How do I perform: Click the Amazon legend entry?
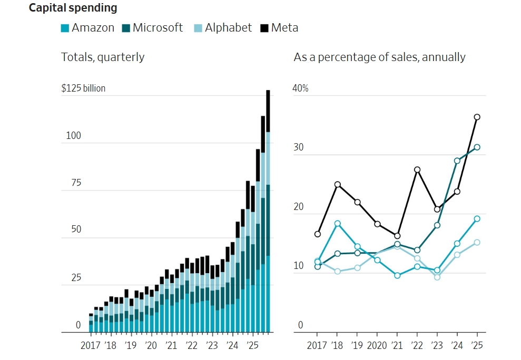coord(87,28)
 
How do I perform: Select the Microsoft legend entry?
coord(153,28)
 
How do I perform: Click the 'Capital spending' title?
coord(73,8)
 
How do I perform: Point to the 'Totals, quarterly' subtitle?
coord(103,57)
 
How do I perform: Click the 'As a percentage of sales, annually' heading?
coord(379,57)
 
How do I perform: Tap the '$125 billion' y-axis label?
coord(83,88)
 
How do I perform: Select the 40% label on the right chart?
coord(300,88)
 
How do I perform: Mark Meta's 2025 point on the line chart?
coord(477,117)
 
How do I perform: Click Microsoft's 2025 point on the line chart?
coord(477,147)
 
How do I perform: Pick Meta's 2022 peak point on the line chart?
coord(417,169)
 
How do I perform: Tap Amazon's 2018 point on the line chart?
coord(338,224)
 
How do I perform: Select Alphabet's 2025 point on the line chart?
coord(477,243)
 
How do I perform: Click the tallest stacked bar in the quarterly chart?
coord(268,211)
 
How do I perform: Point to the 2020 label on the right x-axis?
coord(377,346)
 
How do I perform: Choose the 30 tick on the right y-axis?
coord(299,148)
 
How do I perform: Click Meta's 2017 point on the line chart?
coord(318,234)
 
